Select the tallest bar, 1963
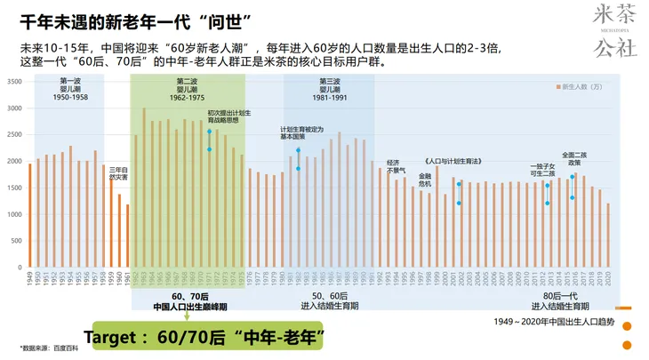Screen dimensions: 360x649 (x=143, y=188)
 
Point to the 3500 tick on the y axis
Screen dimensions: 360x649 (x=14, y=81)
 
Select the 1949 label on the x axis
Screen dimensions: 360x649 (x=29, y=278)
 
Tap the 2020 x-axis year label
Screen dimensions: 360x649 (x=608, y=278)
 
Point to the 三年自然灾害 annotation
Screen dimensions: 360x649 (x=118, y=172)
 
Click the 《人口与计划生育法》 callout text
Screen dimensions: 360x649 (x=453, y=161)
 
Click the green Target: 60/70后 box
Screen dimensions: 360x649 (x=202, y=337)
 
